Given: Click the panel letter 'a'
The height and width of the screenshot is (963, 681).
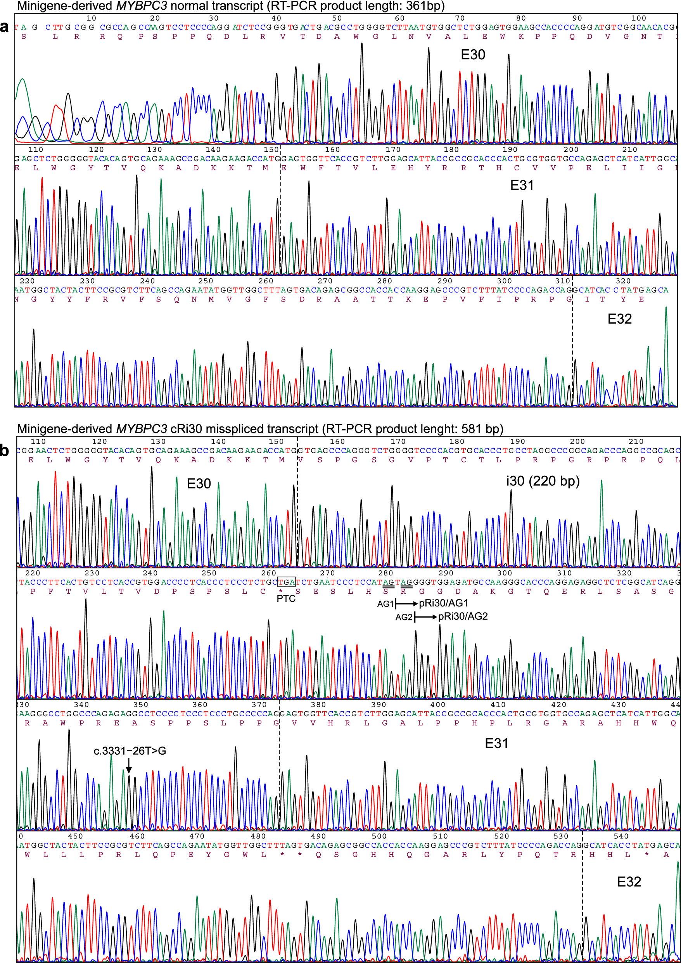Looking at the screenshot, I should (4, 27).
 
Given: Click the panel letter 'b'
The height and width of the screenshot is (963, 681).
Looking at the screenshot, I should (4, 450).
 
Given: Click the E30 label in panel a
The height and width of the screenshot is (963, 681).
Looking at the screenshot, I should (473, 55).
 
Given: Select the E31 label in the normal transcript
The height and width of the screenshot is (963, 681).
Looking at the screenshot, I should (522, 185).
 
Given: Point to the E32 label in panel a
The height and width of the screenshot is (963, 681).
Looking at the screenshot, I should (619, 319).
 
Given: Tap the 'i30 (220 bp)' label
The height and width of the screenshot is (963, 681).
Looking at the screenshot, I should (543, 481).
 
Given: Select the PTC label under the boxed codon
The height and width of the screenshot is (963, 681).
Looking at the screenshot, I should (286, 599).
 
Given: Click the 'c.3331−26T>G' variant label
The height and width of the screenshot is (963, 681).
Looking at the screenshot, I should (130, 751).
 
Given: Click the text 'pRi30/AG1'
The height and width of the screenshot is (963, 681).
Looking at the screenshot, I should (443, 603).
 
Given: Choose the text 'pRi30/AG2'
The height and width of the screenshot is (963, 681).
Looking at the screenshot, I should (463, 617).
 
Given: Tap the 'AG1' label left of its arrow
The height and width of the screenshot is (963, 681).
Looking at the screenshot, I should (385, 604).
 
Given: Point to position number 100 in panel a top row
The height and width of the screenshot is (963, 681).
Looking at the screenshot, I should (638, 18).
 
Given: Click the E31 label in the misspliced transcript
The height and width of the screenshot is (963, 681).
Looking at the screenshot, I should (496, 743).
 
